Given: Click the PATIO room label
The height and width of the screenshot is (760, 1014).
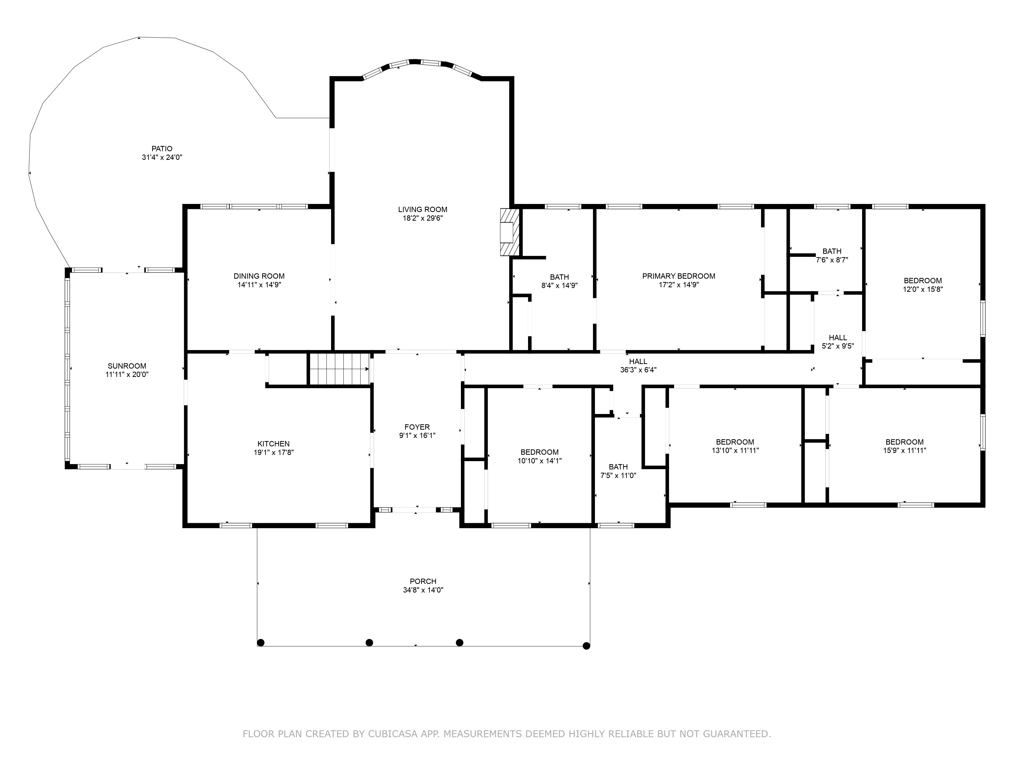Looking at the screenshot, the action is coord(162,148).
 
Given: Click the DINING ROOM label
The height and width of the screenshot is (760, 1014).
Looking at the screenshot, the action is coord(259,276).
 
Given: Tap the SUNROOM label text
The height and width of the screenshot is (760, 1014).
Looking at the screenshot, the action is coord(127,366).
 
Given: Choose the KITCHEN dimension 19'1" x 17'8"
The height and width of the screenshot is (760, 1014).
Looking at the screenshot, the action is coord(274,452).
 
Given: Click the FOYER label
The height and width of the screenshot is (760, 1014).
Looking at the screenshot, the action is coord(417,427).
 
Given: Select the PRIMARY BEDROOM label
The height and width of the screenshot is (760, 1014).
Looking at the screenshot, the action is coord(678,276).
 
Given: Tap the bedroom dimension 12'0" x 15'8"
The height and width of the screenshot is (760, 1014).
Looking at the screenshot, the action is coord(923,289).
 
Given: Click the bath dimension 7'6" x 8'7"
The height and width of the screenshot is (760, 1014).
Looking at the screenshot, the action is coord(832,260).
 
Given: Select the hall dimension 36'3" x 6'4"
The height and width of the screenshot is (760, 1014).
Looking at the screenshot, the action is coord(638,370).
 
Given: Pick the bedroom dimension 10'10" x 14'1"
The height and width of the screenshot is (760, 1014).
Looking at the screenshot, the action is coord(539,461).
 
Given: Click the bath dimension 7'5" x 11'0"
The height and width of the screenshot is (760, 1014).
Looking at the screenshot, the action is coord(618,476).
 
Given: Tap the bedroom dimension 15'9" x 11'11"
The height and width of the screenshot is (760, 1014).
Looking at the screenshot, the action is coord(904,450).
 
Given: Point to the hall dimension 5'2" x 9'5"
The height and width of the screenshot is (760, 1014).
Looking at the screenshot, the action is coord(838,346).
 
